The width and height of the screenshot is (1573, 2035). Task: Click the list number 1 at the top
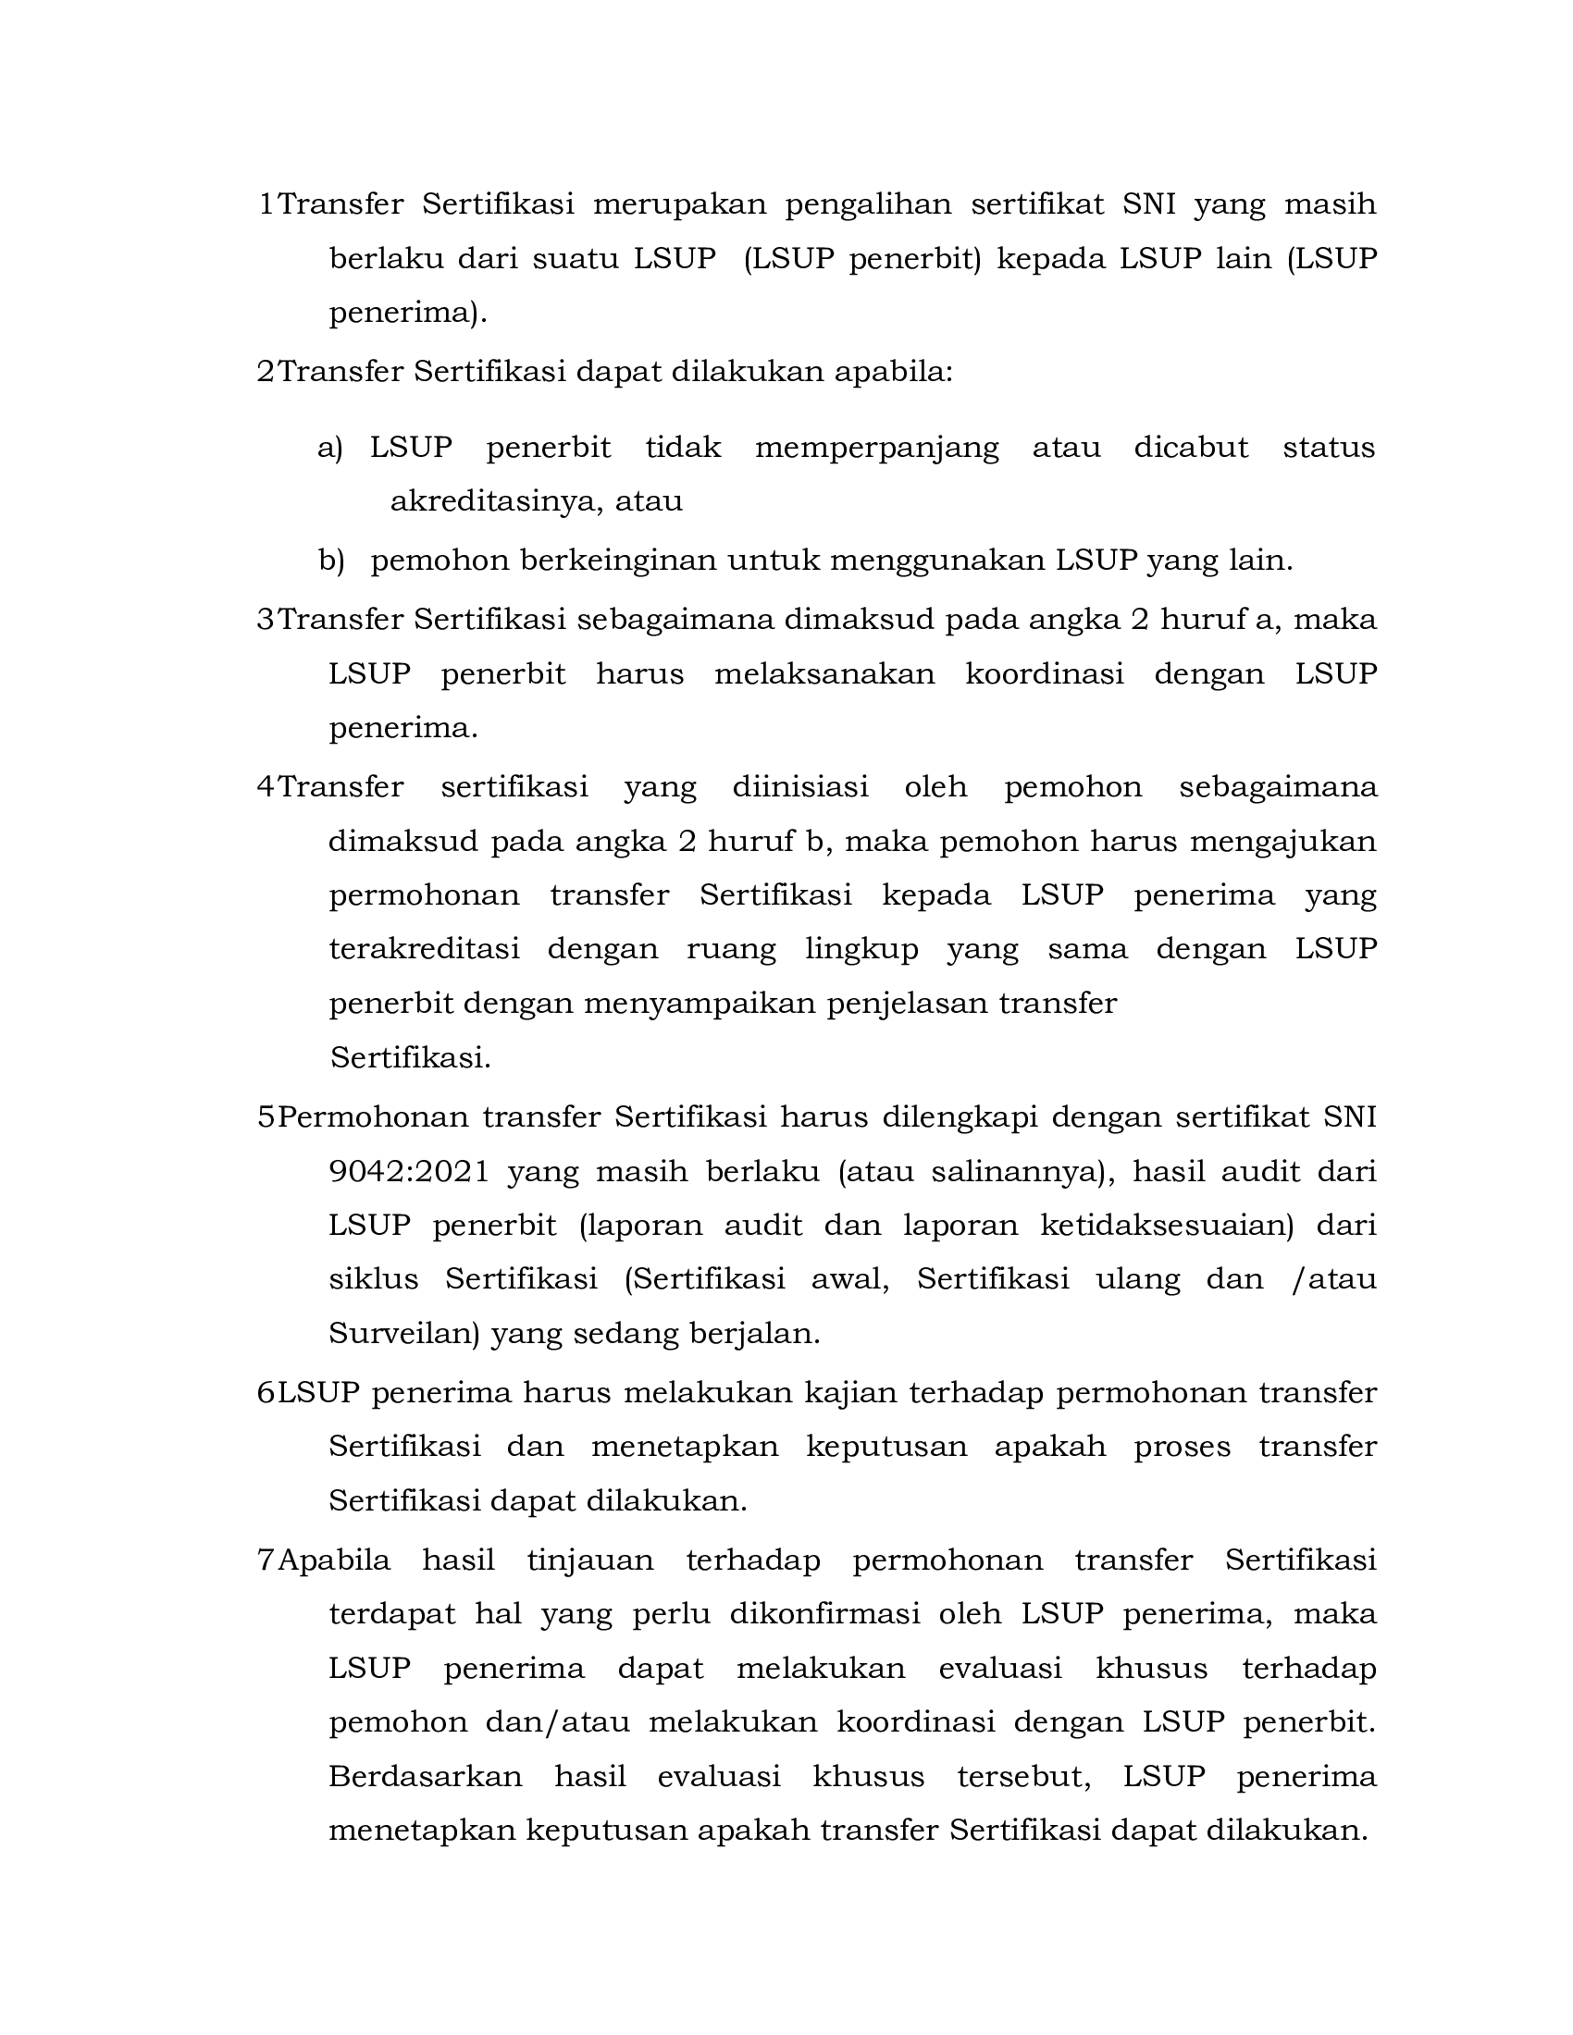point(266,204)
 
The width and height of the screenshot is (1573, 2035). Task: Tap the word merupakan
point(679,204)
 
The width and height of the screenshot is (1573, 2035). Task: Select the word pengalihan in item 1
point(868,204)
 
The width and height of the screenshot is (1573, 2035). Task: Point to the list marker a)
point(330,449)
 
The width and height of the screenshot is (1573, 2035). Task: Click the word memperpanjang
point(876,449)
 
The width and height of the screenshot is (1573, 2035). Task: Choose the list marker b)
point(331,561)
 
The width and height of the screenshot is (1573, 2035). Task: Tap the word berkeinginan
point(619,561)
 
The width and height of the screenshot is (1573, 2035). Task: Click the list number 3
point(266,620)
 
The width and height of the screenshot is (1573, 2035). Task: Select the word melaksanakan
point(824,673)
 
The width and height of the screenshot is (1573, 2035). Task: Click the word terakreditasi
point(424,949)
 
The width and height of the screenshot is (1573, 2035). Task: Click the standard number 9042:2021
point(409,1171)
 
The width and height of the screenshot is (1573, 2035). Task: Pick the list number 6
point(266,1393)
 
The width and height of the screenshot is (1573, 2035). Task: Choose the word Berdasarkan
point(425,1777)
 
